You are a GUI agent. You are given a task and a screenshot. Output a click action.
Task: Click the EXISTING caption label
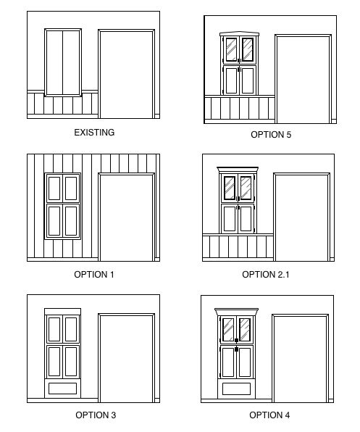pos(94,132)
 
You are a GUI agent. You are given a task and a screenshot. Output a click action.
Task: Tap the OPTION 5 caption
pos(271,134)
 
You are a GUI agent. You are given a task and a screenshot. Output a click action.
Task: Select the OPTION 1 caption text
pos(94,275)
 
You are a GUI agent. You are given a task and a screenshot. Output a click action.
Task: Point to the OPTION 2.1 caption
pos(266,275)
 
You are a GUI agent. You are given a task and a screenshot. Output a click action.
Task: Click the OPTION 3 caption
pos(96,415)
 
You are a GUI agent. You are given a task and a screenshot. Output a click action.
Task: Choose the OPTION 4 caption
pos(269,415)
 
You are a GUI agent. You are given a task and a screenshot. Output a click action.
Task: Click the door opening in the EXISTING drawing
pos(126,75)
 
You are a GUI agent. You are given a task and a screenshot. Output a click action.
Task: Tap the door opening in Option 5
pos(303,80)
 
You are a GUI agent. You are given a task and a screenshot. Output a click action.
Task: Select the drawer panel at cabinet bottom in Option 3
pos(62,389)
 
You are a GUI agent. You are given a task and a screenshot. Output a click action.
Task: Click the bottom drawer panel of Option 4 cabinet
pos(236,389)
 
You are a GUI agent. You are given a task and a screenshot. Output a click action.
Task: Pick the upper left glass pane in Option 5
pos(231,49)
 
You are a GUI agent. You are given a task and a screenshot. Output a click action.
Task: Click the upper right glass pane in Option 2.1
pos(246,188)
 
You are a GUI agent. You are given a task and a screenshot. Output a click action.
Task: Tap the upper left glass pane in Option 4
pos(228,330)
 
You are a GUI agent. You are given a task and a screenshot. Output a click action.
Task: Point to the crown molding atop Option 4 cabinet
pos(236,312)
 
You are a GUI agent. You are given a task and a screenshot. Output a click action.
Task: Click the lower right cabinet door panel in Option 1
pos(71,221)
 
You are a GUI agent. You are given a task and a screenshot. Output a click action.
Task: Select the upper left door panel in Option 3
pos(54,330)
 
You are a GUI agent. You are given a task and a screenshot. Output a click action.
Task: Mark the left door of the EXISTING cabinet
pos(54,62)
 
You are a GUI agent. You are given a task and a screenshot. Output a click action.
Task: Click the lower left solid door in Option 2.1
pos(230,220)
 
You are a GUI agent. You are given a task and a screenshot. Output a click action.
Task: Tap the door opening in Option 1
pos(126,218)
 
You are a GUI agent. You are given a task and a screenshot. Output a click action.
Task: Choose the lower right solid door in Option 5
pos(248,81)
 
